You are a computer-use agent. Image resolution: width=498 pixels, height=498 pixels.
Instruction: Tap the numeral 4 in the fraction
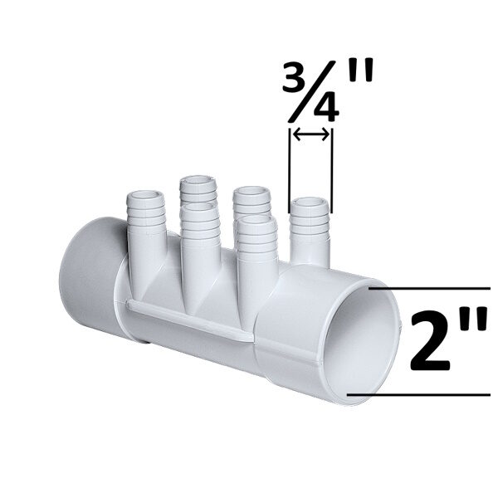tap(326, 109)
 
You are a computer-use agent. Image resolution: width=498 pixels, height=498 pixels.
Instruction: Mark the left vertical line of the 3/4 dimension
tap(290, 166)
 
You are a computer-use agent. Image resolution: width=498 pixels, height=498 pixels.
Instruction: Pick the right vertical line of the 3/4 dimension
tap(332, 166)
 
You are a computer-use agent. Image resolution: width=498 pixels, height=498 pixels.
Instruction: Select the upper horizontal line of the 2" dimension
tap(432, 288)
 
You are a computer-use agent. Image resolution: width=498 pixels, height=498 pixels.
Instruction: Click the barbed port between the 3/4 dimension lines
tap(310, 228)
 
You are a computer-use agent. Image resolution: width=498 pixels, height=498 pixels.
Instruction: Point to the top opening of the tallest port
tap(198, 180)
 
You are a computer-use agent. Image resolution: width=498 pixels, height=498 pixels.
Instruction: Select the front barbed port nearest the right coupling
tap(256, 249)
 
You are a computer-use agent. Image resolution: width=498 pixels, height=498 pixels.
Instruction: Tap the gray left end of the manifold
tap(87, 278)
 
